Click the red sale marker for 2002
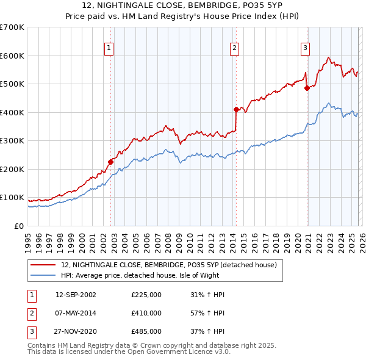pyautogui.click(x=111, y=162)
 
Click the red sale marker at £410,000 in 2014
pyautogui.click(x=236, y=110)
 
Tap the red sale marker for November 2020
pyautogui.click(x=307, y=88)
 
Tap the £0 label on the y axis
pyautogui.click(x=19, y=226)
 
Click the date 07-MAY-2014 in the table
pyautogui.click(x=76, y=313)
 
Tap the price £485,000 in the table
pyautogui.click(x=146, y=331)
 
